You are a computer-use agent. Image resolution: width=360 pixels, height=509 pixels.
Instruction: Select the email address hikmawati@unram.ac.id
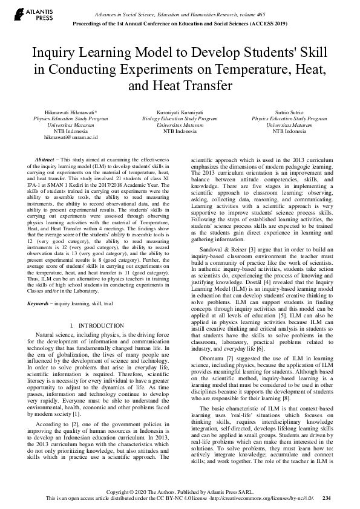click(70, 137)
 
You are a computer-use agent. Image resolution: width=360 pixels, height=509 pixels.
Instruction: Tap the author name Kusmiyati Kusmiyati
click(180, 113)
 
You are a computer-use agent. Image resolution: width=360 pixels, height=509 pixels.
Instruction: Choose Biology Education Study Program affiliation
click(180, 119)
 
